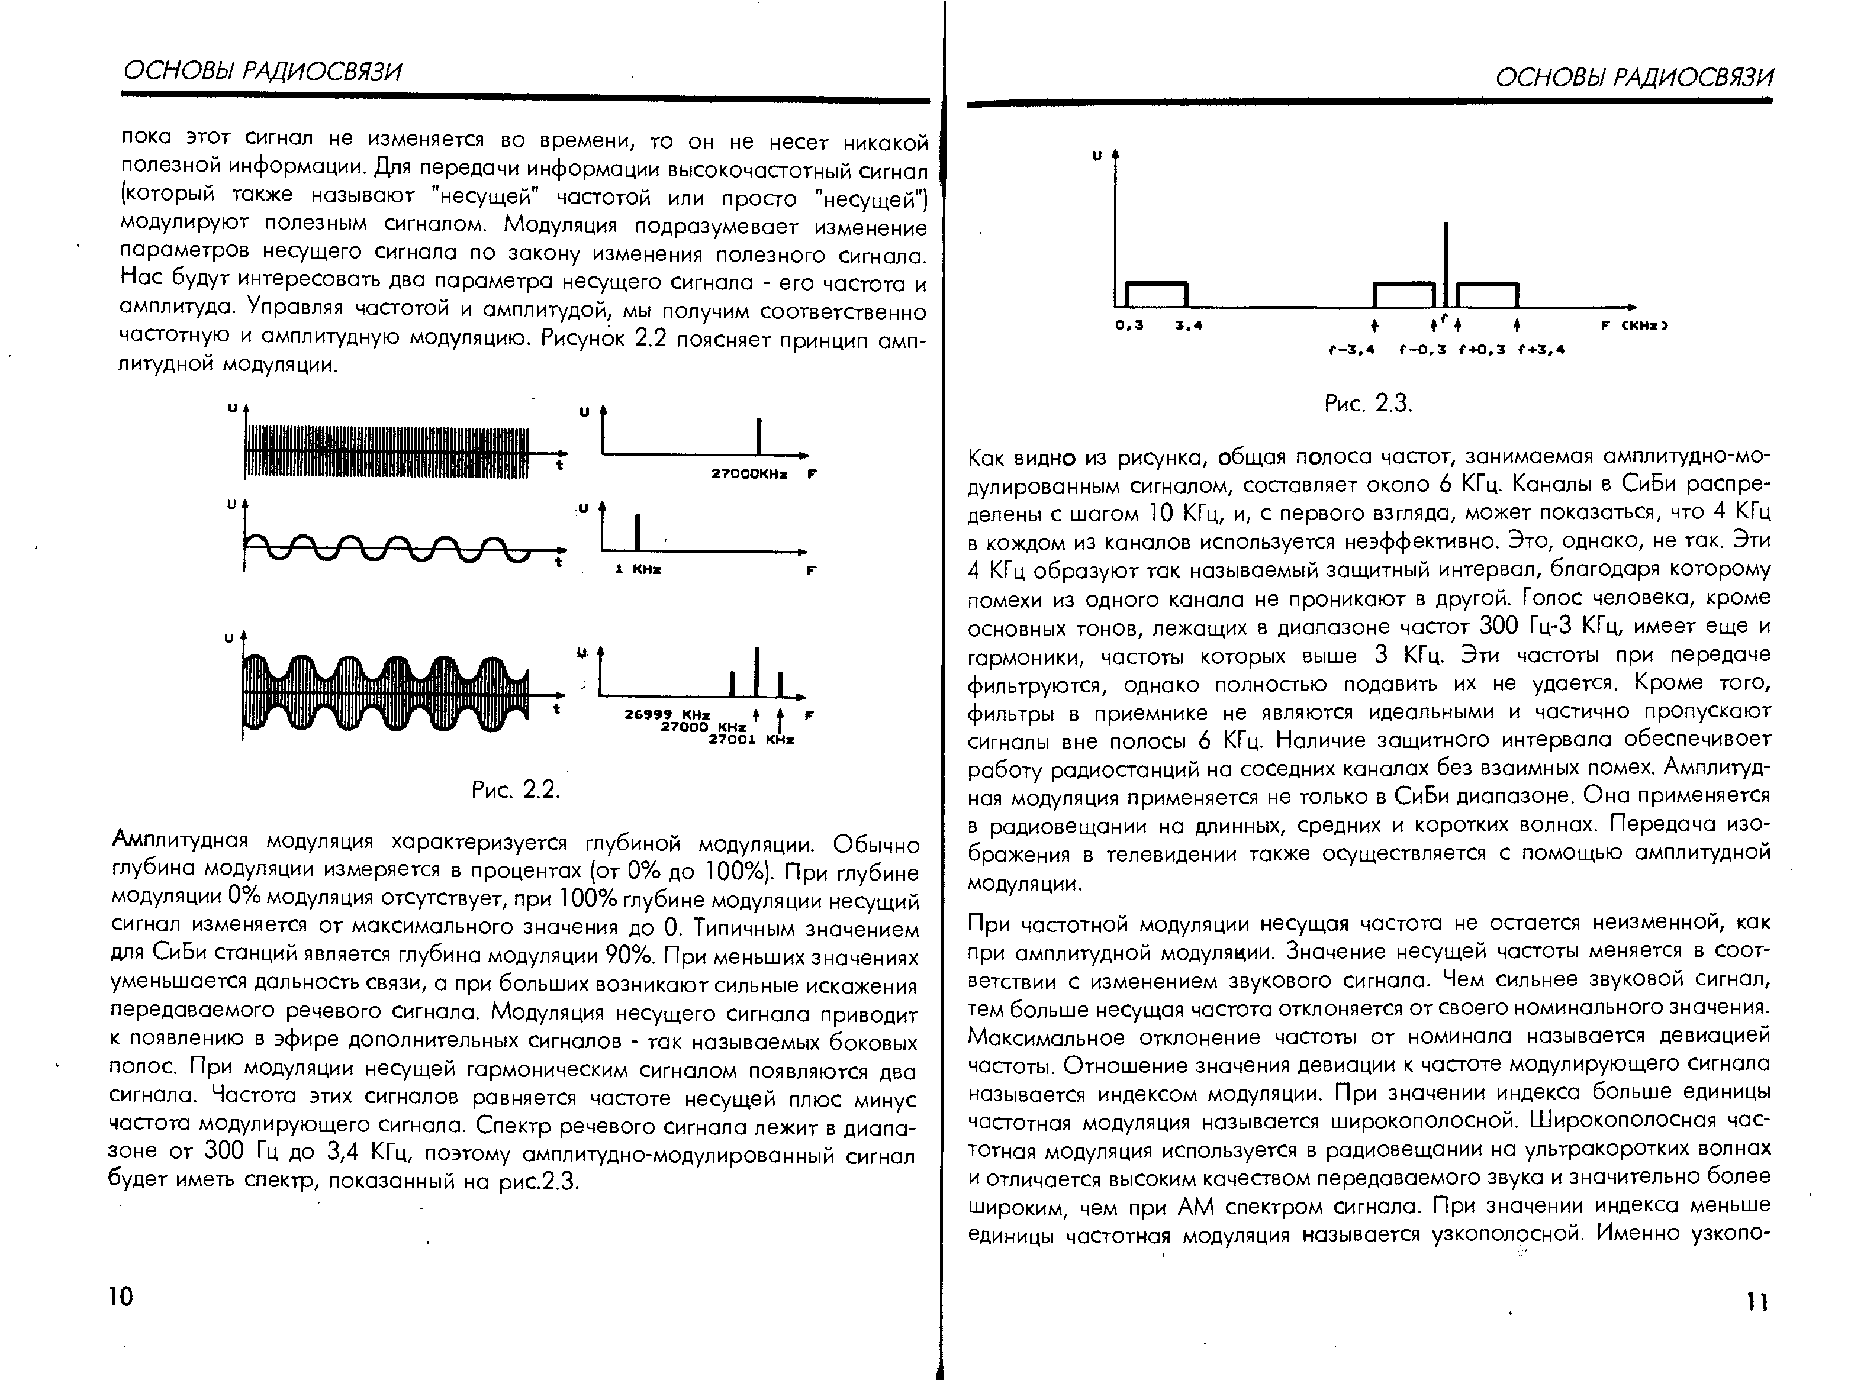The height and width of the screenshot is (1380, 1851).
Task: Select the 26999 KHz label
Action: click(x=667, y=715)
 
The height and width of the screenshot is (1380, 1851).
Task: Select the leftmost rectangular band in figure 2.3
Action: click(x=1157, y=294)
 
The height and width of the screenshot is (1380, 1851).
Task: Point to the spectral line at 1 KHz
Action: click(x=638, y=531)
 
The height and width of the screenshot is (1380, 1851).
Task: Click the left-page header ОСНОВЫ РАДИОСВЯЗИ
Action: click(x=262, y=72)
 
